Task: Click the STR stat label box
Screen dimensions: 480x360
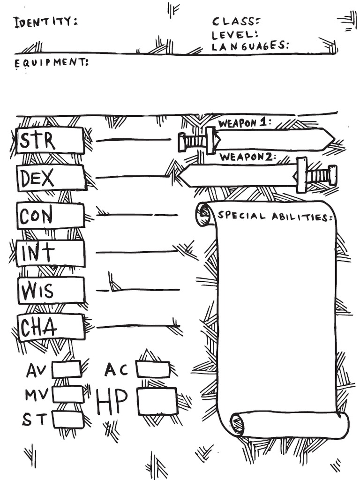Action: click(x=50, y=140)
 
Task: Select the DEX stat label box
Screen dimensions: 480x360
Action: click(x=52, y=178)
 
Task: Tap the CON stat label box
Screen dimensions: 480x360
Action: click(x=51, y=216)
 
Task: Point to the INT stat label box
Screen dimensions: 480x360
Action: click(x=52, y=253)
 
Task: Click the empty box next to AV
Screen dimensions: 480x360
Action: click(x=67, y=369)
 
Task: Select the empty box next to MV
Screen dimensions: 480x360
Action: click(x=67, y=394)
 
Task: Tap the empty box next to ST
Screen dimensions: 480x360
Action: click(x=67, y=419)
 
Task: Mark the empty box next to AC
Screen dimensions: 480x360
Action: click(x=153, y=369)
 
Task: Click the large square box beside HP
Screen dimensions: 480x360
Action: click(x=157, y=401)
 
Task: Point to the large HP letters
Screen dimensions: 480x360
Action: click(x=112, y=402)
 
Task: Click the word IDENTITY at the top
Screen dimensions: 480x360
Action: click(x=45, y=22)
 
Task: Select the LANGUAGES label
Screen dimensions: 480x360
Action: click(x=249, y=46)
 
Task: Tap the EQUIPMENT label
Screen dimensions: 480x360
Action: click(x=51, y=63)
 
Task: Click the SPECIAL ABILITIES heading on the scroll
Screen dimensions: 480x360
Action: click(x=276, y=217)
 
